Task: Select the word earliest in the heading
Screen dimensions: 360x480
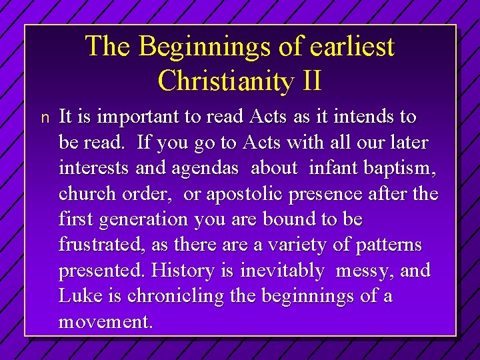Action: [x=355, y=47]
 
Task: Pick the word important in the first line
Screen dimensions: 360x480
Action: [x=139, y=118]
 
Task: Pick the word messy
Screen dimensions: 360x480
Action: [x=366, y=271]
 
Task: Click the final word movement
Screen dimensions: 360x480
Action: [x=105, y=321]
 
